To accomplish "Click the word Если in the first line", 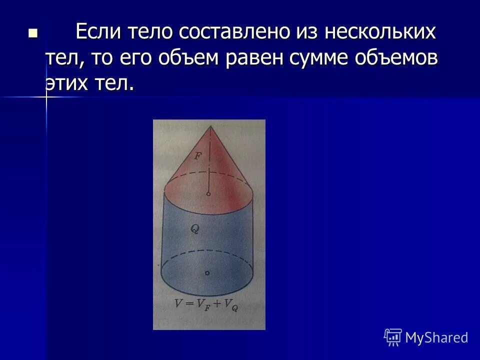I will tap(98, 33).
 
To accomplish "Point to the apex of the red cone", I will tap(210, 126).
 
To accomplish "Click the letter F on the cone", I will tap(197, 156).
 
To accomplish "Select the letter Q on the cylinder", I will tap(194, 229).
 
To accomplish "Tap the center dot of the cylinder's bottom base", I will tap(207, 273).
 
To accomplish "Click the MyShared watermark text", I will tap(436, 337).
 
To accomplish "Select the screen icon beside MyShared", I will tap(393, 337).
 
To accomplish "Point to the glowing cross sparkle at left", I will tap(46, 97).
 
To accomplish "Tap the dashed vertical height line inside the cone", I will tap(209, 160).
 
